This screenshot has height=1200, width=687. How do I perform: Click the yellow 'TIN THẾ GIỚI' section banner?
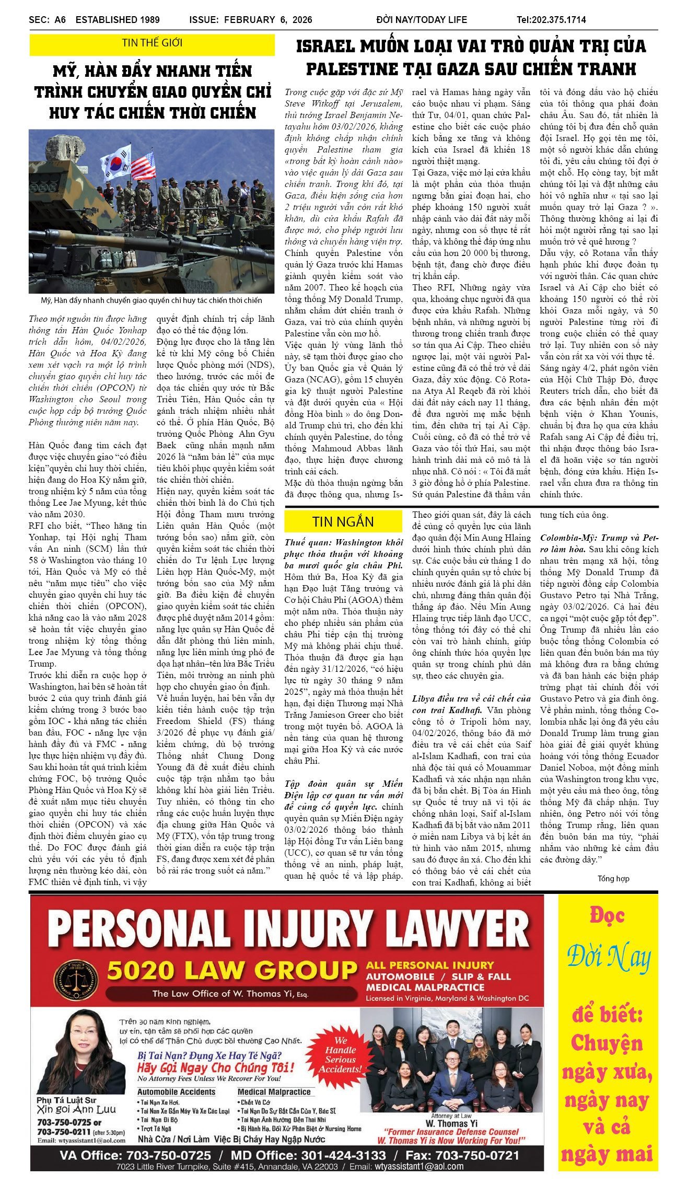click(x=152, y=43)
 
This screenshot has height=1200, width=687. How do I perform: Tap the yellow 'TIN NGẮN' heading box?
click(x=343, y=521)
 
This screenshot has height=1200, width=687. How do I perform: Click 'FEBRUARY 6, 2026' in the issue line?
click(x=268, y=20)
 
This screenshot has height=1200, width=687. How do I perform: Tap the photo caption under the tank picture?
click(x=152, y=300)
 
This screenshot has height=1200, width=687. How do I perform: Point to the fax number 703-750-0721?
click(x=477, y=1155)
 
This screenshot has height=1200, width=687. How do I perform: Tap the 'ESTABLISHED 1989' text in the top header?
click(x=118, y=20)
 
